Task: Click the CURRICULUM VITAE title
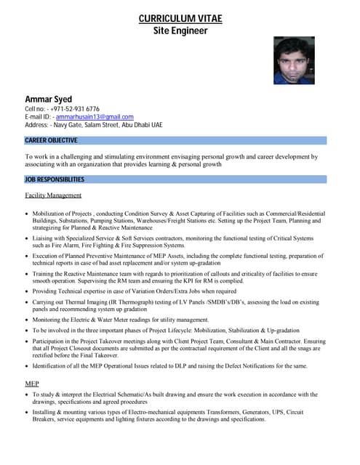pyautogui.click(x=180, y=18)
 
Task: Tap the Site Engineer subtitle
pyautogui.click(x=180, y=31)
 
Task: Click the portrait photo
pyautogui.click(x=294, y=60)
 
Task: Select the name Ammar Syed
pyautogui.click(x=49, y=99)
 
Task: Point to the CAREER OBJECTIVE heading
pyautogui.click(x=51, y=140)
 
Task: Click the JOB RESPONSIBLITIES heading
pyautogui.click(x=55, y=179)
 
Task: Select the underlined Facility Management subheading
pyautogui.click(x=53, y=195)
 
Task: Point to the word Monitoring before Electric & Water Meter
pyautogui.click(x=49, y=320)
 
